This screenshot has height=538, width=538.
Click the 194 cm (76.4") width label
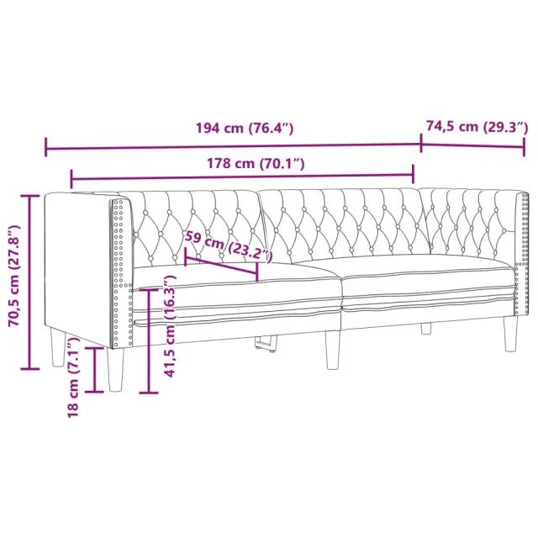245,128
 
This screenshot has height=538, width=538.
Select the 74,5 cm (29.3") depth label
477,127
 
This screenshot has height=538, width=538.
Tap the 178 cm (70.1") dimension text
256,163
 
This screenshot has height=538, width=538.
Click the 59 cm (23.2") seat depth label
229,246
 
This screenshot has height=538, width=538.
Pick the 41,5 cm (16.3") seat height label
170,326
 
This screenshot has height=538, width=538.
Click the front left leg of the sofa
115,370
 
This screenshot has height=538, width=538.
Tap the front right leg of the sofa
510,334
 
